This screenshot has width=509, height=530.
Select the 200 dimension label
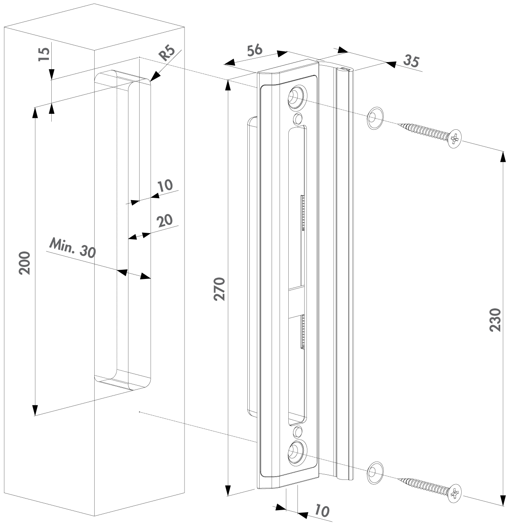point(25,263)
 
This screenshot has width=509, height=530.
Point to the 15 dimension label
point(44,54)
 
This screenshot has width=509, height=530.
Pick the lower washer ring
point(373,473)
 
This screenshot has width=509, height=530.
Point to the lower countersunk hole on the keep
point(296,452)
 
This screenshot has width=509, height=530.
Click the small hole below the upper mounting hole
point(297,119)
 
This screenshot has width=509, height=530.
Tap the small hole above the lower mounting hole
point(297,431)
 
